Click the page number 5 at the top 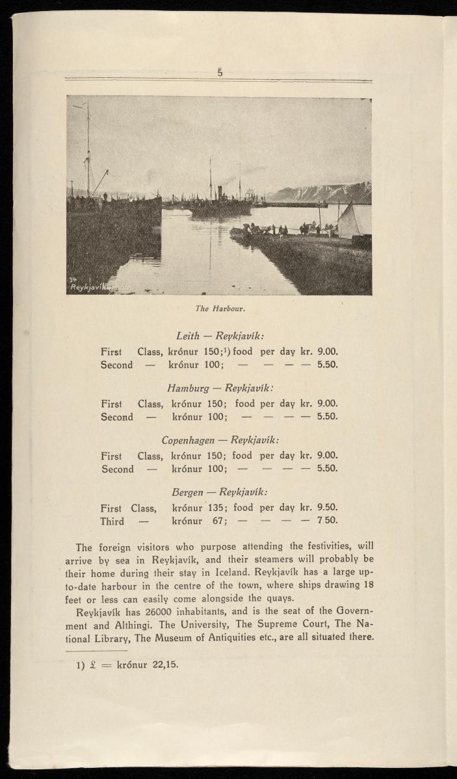220,74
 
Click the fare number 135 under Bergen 214,508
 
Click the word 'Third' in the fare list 112,521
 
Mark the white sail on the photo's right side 348,221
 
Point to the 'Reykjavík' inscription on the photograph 87,286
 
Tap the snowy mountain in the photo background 325,192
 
